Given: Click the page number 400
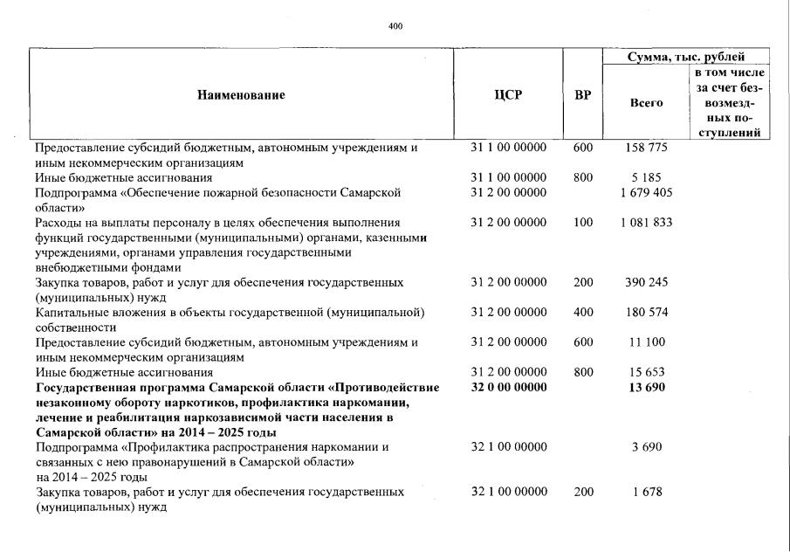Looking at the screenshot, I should coord(395,26).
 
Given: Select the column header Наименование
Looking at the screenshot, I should coord(241,95).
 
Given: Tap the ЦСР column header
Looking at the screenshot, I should coord(508,95).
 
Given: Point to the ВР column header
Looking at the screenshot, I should coord(582,95).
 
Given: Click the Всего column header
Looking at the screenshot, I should coord(646,103).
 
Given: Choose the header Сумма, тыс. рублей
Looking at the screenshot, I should coord(684,57).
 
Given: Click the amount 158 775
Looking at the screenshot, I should coord(646,148).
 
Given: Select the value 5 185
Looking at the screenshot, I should coord(646,177).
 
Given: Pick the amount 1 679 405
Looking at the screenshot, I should coord(646,192).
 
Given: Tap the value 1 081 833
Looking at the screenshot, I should coord(646,223).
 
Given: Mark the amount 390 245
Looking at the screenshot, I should coord(646,283).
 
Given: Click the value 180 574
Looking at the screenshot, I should coord(646,313).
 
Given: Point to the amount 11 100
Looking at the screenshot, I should coord(646,342).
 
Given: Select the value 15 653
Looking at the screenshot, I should coord(646,373).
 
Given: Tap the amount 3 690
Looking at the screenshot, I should coord(646,448).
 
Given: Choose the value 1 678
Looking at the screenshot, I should coord(646,493).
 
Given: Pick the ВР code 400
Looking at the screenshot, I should coord(583,313).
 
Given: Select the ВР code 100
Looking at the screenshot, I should coord(583,223).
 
